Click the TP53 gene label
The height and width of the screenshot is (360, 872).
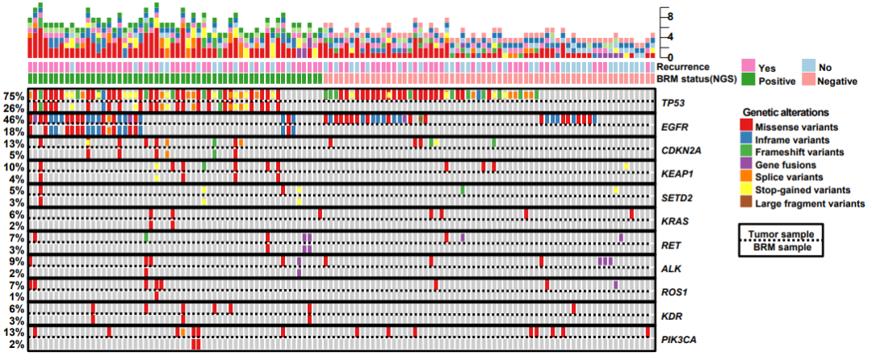tap(673, 104)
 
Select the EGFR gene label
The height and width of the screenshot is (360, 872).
tap(673, 128)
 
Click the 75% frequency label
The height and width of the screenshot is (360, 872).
tap(13, 96)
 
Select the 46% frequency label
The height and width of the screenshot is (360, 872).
tap(13, 119)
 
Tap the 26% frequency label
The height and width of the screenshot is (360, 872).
tap(13, 107)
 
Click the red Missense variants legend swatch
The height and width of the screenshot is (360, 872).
tap(747, 127)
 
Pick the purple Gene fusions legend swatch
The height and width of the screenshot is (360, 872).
tap(747, 165)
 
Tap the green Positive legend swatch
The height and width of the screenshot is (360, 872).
tap(748, 80)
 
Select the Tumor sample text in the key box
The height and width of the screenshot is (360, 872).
tap(781, 232)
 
